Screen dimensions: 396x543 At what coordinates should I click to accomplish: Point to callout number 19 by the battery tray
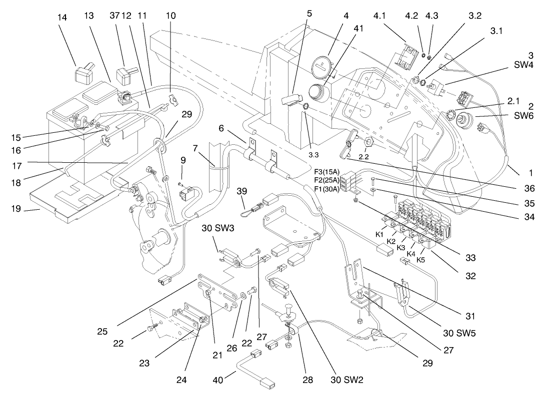coord(16,209)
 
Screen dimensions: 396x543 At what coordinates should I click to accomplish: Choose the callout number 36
coord(529,189)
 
